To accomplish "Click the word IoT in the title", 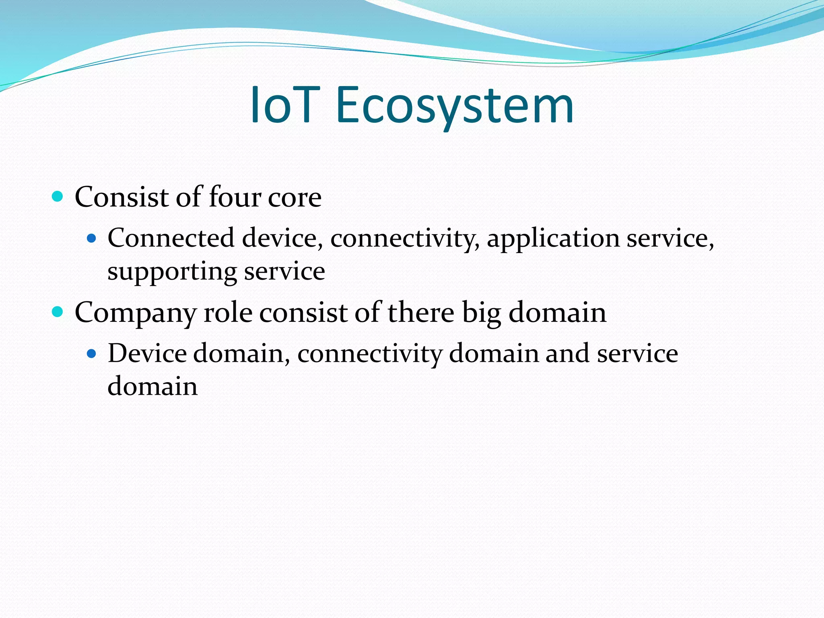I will (285, 106).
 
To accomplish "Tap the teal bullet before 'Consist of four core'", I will (58, 196).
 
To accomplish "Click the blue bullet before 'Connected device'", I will (92, 238).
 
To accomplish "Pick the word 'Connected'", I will (171, 238).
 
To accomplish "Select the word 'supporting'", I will (172, 272).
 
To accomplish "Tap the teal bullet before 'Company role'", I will (58, 311).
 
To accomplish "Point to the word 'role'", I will (228, 313).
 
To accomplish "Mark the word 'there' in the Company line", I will (420, 313).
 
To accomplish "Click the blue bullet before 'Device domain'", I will (92, 354).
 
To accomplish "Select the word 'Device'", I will (147, 353).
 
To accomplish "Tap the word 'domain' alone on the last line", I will (152, 386).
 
